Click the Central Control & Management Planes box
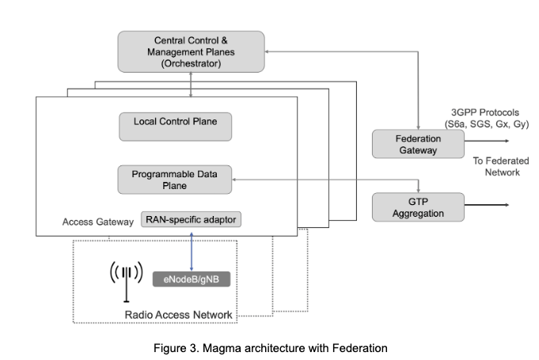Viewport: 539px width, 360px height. [x=191, y=52]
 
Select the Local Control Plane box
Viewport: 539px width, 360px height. [x=175, y=127]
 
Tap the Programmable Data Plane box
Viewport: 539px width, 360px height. [x=175, y=180]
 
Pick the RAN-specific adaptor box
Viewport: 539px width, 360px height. [x=191, y=219]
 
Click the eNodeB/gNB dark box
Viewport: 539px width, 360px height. [x=192, y=279]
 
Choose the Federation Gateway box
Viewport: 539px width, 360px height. [x=418, y=144]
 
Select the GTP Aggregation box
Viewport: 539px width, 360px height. [x=418, y=207]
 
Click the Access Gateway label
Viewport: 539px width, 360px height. [x=98, y=222]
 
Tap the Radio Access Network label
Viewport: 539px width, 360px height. [x=178, y=315]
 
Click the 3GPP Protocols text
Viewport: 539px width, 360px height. [x=485, y=112]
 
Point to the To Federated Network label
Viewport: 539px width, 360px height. [x=501, y=166]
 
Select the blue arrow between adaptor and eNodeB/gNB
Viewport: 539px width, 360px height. [x=192, y=252]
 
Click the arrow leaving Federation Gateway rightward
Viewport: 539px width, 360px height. [x=487, y=141]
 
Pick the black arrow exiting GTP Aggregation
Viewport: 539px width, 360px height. [x=487, y=205]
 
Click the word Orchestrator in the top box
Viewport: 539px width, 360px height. [x=191, y=63]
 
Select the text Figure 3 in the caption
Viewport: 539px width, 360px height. [x=176, y=348]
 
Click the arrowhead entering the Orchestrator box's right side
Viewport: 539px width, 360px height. [x=267, y=51]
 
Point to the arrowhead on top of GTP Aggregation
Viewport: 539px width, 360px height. [x=419, y=191]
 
